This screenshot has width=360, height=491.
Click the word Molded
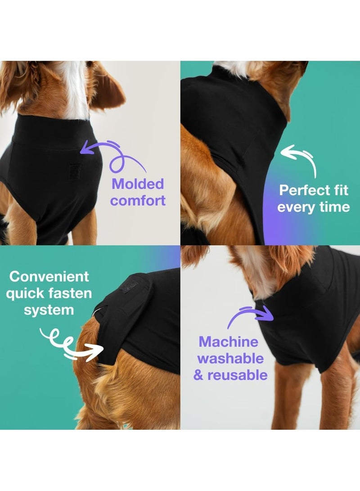tap(138, 184)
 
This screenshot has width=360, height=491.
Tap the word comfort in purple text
tap(138, 200)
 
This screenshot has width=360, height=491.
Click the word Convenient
tap(49, 276)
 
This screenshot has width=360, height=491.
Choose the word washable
tap(230, 359)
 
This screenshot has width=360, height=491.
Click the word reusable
tap(238, 375)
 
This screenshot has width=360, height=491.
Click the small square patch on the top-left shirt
tap(75, 171)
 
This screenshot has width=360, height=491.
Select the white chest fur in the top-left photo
tap(74, 90)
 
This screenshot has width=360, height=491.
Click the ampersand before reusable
tap(198, 375)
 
